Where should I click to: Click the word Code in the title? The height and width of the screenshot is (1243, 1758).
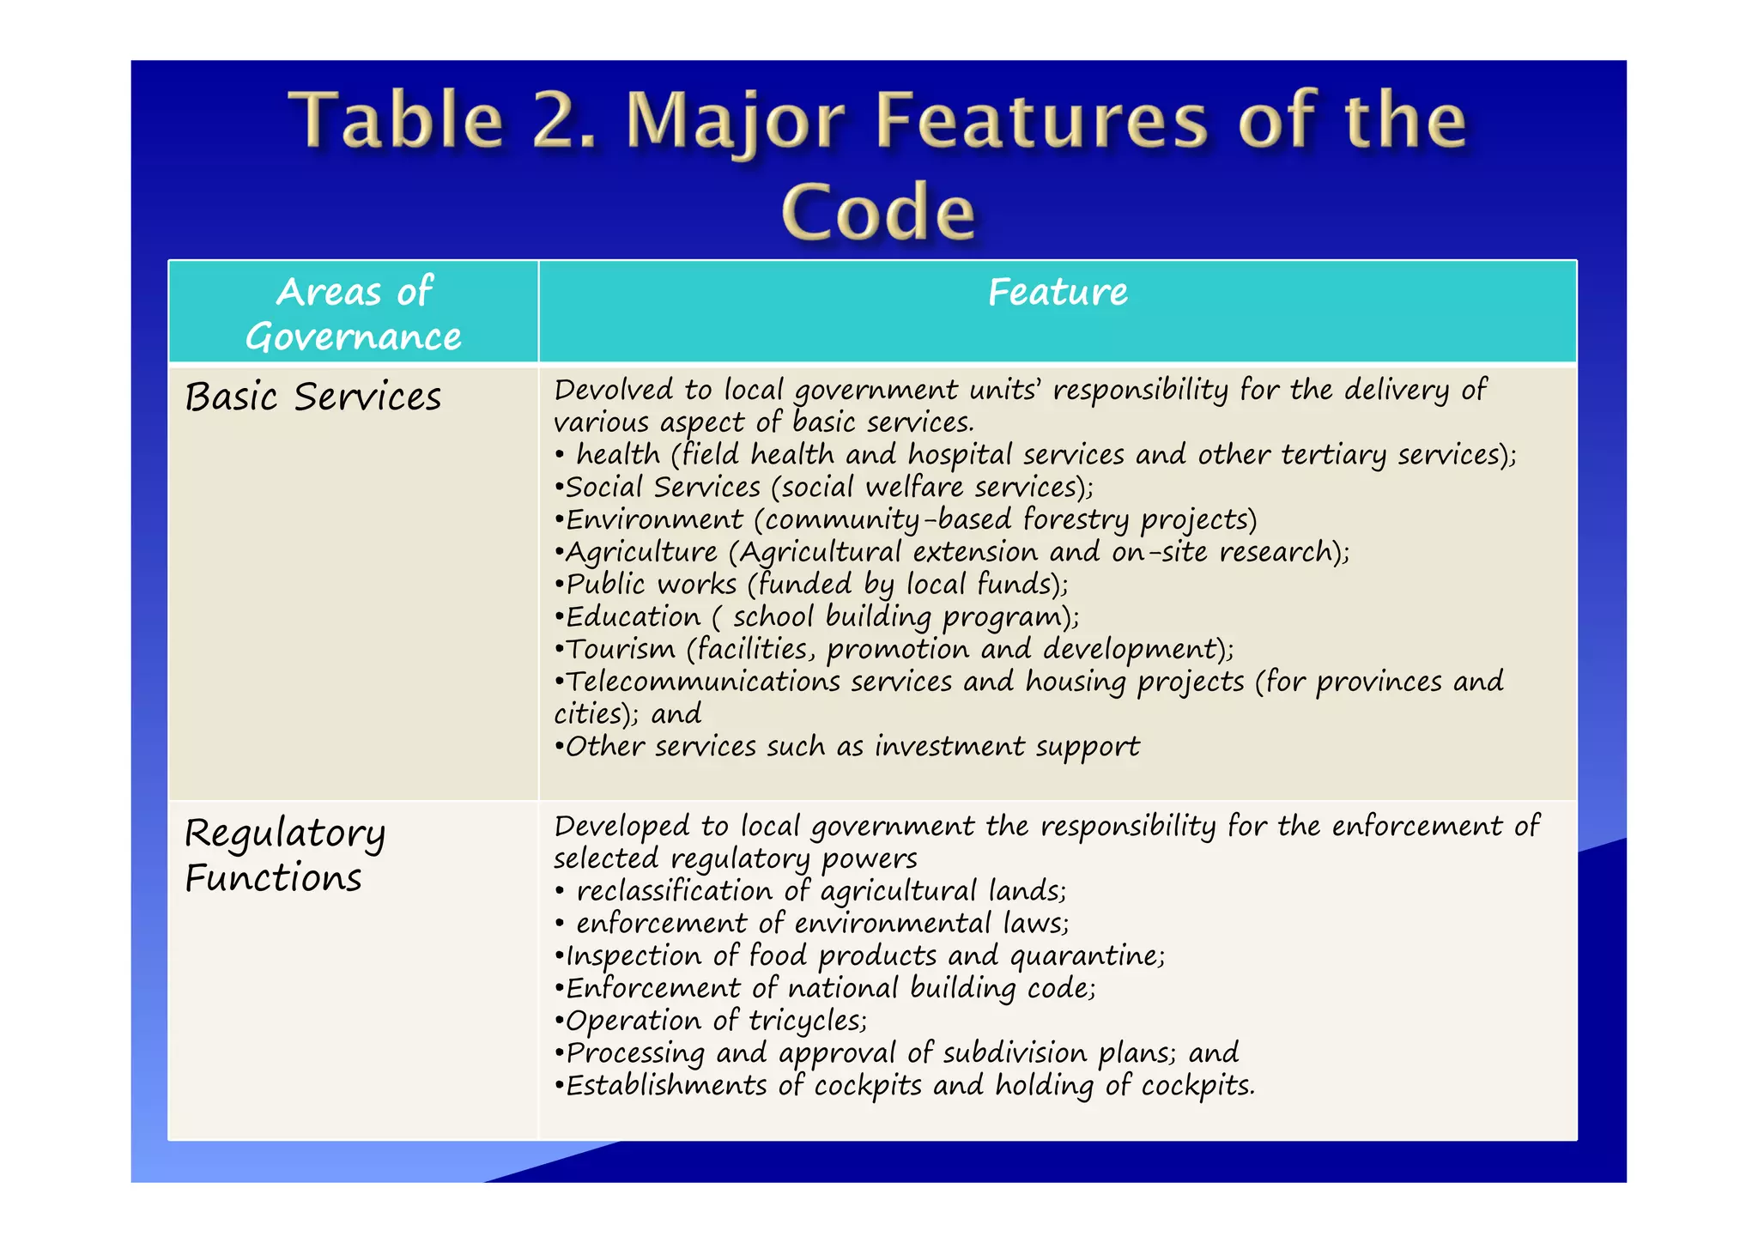[x=878, y=212]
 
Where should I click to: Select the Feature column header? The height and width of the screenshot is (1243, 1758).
[x=1058, y=293]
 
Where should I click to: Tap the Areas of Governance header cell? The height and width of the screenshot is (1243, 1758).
[x=353, y=313]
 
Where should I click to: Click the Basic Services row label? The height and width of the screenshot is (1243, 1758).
[x=313, y=397]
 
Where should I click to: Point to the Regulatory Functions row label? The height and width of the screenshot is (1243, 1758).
[x=284, y=855]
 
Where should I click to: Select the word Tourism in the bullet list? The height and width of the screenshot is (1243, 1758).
[x=621, y=649]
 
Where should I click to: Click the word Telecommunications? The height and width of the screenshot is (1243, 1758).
[x=702, y=682]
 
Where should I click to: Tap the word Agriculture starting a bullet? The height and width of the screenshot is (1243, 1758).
[x=641, y=552]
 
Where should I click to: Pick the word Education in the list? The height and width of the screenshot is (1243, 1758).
[x=633, y=617]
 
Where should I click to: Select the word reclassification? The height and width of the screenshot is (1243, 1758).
[x=674, y=891]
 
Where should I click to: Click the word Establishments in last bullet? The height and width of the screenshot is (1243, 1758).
[x=666, y=1086]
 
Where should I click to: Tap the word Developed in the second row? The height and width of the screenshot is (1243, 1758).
[x=621, y=827]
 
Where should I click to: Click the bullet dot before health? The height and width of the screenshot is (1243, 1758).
[x=560, y=455]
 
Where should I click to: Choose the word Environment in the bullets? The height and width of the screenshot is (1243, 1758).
[x=654, y=520]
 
